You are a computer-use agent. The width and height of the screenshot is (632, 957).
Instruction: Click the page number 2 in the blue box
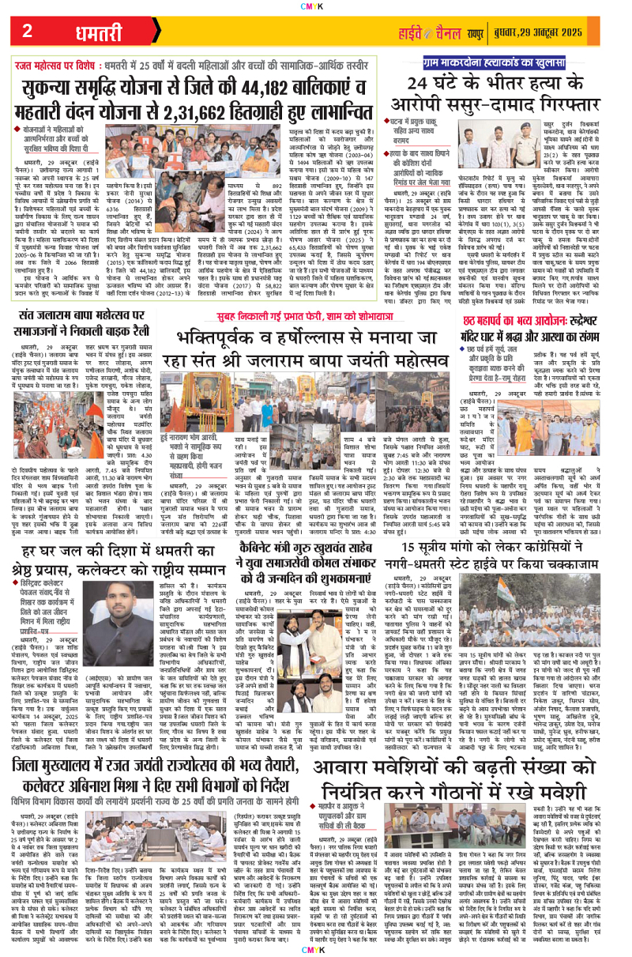tap(26, 31)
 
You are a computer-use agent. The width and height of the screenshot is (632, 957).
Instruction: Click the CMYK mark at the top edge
tap(316, 4)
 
